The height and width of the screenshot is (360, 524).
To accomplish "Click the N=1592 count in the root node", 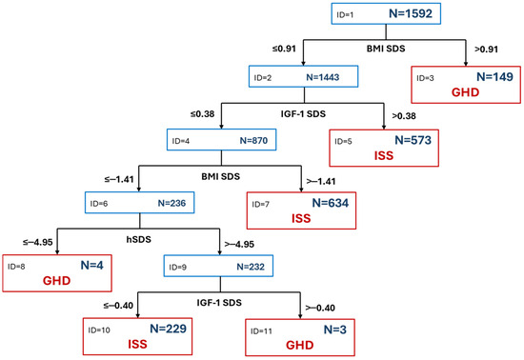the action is coord(411,13).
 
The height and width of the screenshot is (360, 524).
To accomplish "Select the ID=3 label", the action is coord(425,78).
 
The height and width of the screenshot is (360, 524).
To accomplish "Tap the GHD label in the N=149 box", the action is coord(465,92).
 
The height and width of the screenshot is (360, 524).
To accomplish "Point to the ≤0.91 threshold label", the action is coord(284,49).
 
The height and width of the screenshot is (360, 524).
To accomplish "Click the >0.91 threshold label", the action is coord(486,50).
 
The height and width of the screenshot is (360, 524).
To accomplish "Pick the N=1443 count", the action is coord(322,77).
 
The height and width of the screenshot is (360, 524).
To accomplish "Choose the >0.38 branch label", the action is coord(404,116).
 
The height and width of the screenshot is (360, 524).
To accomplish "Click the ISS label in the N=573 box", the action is coord(384,155).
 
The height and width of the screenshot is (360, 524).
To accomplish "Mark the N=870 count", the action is coord(253,141).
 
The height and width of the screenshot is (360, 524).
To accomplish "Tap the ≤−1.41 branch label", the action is coord(119,179).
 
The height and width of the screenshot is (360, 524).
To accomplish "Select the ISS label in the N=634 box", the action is coord(301,218).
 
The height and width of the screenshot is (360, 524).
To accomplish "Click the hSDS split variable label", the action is coord(139,239).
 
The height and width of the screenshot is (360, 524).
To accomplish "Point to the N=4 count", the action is coord(91,265).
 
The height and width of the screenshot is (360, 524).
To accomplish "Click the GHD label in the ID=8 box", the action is coord(56,281).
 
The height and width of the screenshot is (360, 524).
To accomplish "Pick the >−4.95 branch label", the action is coord(239,244).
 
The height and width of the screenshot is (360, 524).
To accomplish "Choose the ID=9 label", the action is coord(177,268).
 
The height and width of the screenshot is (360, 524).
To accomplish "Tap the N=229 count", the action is coord(168,329).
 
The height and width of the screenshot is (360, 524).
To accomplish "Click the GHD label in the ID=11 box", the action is coord(300,345).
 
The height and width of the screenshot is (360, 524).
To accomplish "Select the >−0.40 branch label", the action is coord(320,308).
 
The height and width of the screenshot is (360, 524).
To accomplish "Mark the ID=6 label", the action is coord(99,204).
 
